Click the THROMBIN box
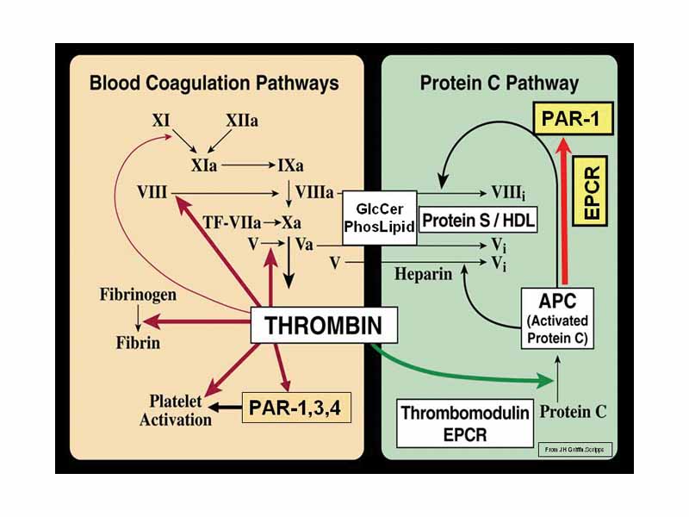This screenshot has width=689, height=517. point(315,326)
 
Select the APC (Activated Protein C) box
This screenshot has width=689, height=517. point(558,318)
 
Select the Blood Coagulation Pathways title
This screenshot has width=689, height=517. point(214,83)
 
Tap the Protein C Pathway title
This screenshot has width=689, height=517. point(499,83)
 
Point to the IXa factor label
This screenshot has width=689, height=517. point(289,162)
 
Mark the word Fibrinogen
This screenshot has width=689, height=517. point(137,295)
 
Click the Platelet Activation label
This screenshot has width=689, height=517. point(180,411)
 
